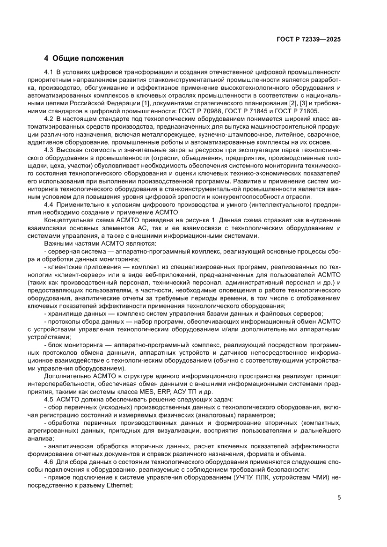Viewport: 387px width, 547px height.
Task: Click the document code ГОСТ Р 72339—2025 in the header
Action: coord(307,40)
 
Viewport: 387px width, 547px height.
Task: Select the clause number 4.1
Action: coord(49,72)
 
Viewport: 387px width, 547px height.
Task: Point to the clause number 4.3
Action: coord(49,150)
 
